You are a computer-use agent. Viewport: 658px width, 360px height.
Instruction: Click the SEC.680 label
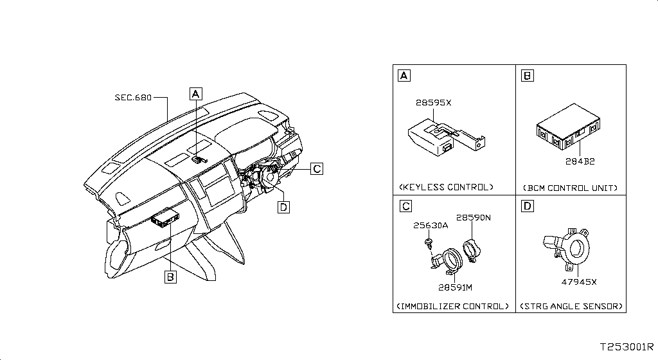[x=133, y=98]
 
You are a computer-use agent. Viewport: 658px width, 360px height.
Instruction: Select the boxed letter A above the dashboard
[x=195, y=94]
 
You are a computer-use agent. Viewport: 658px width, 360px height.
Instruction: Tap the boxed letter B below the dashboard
[x=170, y=277]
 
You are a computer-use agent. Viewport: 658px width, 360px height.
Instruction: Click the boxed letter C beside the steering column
[x=317, y=168]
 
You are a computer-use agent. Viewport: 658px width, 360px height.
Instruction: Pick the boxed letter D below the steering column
[x=283, y=207]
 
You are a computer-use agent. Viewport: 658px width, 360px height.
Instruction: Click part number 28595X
[x=434, y=102]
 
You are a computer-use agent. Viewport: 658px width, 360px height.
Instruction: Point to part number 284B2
[x=580, y=161]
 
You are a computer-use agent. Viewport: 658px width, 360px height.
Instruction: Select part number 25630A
[x=431, y=225]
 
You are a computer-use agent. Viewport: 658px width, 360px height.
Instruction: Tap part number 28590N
[x=474, y=217]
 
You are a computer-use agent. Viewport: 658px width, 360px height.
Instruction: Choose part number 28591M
[x=456, y=287]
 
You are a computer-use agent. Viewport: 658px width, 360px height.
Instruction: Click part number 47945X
[x=579, y=282]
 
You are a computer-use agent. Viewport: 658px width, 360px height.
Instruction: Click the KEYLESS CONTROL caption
[x=446, y=187]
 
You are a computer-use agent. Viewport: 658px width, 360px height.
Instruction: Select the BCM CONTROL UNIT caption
[x=571, y=188]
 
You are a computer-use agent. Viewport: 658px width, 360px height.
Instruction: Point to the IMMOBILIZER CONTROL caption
[x=453, y=306]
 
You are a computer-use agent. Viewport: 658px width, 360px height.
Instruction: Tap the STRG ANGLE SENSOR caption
[x=571, y=306]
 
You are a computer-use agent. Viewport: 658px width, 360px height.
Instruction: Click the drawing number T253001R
[x=627, y=347]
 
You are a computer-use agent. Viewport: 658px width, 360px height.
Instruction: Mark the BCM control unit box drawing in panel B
[x=568, y=126]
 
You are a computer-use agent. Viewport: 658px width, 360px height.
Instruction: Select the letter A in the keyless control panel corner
[x=404, y=75]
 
